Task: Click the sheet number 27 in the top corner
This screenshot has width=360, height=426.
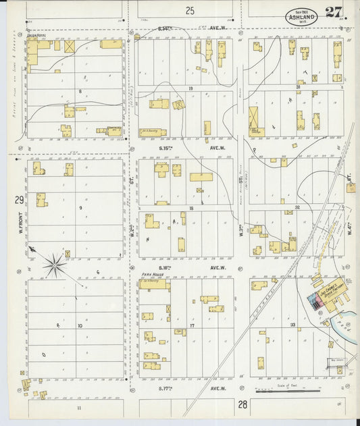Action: tap(332, 12)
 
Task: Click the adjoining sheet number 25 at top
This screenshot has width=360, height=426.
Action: tap(190, 10)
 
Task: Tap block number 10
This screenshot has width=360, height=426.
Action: tap(80, 325)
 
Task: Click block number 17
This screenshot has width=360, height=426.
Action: tap(192, 325)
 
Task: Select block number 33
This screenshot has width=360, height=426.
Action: tap(292, 325)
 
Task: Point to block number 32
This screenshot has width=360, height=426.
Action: tap(297, 208)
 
